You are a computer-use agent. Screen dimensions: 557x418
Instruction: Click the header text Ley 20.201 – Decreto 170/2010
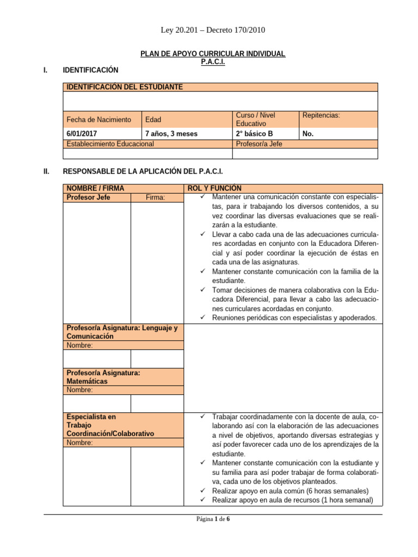click(213, 30)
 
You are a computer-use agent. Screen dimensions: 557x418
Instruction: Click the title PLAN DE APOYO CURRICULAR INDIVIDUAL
click(213, 54)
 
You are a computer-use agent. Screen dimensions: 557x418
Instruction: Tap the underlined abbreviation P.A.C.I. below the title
click(213, 62)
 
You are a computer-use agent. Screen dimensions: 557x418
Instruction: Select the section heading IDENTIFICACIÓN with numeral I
click(90, 70)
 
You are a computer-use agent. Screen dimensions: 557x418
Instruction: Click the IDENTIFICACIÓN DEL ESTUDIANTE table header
click(124, 87)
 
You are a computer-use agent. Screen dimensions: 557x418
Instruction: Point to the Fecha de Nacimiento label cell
click(99, 120)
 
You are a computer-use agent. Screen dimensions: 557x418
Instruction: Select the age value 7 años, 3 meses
click(171, 133)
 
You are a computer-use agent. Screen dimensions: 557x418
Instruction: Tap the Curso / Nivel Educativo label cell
click(255, 120)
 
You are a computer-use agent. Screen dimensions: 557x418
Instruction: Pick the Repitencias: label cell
click(321, 115)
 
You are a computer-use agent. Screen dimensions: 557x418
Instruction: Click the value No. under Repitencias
click(308, 133)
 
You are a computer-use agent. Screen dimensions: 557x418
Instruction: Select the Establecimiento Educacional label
click(110, 144)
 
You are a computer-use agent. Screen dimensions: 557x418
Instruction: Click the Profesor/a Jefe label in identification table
click(259, 144)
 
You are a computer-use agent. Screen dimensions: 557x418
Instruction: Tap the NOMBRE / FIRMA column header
click(95, 188)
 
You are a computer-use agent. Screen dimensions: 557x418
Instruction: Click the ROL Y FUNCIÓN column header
click(215, 188)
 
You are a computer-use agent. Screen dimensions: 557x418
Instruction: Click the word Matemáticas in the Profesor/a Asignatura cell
click(87, 381)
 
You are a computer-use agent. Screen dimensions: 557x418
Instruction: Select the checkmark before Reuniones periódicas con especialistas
click(202, 318)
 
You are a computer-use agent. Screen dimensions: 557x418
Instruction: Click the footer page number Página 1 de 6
click(213, 519)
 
